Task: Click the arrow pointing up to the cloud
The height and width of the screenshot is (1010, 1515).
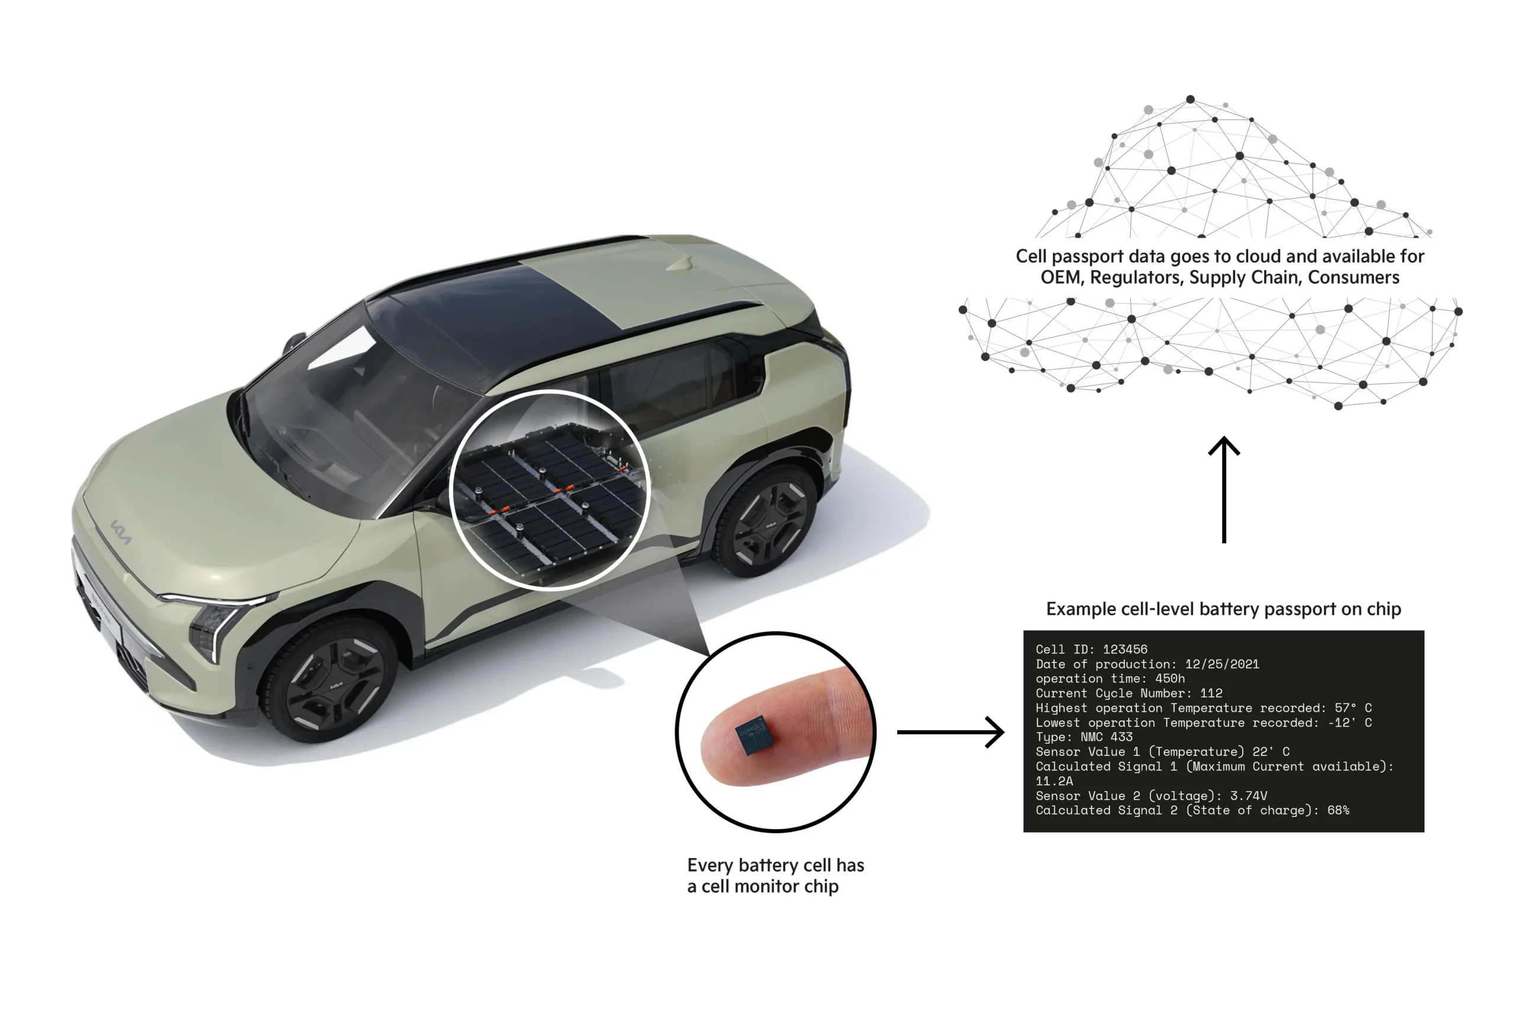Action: tap(1223, 489)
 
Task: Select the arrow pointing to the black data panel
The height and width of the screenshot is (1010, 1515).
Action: tap(950, 732)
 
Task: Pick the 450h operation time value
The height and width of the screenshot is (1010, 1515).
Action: tap(1170, 678)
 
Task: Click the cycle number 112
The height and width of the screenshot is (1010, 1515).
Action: tap(1211, 693)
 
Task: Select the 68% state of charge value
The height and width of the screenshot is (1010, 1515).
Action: tap(1338, 811)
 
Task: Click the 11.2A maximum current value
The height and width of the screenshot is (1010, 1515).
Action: tap(1054, 782)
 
